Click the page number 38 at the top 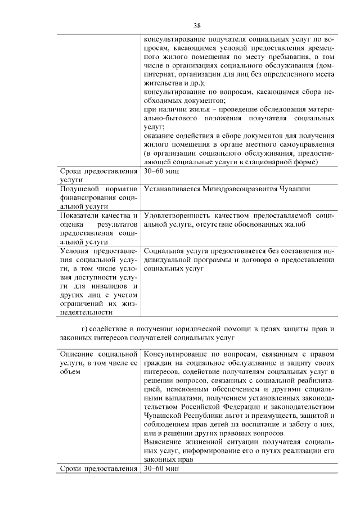click(197, 25)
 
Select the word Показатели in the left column click(83, 216)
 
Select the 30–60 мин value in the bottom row click(161, 469)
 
